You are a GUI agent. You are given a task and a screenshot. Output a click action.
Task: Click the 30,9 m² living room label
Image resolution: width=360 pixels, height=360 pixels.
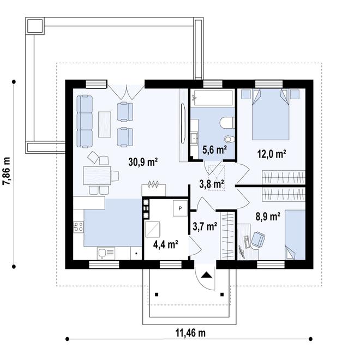click(143, 162)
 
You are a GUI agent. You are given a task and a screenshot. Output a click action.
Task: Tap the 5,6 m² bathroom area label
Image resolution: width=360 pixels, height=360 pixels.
click(215, 150)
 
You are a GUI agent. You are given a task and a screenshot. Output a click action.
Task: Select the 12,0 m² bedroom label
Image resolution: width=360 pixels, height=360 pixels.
click(272, 154)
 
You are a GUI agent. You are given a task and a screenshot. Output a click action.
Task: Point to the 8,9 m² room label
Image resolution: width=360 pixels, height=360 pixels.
click(268, 217)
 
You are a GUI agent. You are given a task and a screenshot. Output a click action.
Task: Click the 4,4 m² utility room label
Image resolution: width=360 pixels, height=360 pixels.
click(166, 244)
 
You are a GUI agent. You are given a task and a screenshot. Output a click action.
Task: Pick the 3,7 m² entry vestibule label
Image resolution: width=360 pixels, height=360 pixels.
click(205, 226)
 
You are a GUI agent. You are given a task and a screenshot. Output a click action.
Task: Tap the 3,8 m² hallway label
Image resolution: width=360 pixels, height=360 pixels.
click(212, 184)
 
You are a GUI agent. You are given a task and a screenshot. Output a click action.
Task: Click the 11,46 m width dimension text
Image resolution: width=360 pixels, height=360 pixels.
click(190, 333)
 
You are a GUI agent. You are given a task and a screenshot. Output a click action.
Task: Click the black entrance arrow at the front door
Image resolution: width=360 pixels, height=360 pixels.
click(207, 275)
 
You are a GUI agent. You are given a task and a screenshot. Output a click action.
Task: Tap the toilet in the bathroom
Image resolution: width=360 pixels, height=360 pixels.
click(227, 123)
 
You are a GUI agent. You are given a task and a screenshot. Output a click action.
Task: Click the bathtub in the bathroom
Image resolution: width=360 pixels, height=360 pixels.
click(212, 97)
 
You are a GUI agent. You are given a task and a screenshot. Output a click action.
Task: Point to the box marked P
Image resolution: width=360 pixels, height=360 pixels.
click(180, 208)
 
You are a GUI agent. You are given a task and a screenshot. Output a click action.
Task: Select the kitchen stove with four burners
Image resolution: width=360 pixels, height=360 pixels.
click(79, 226)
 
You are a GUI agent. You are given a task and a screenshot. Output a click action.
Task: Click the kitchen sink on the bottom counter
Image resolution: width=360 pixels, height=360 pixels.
click(106, 253)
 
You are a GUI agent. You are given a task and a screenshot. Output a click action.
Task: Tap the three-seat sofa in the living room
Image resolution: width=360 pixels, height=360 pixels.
click(85, 121)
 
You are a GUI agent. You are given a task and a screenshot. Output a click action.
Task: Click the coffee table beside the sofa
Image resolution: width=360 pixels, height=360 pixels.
click(105, 124)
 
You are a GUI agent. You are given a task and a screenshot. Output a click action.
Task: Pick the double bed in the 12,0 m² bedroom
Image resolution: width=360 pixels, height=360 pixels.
click(271, 114)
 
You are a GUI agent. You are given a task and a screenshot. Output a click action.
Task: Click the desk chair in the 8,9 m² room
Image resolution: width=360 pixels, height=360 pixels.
click(259, 239)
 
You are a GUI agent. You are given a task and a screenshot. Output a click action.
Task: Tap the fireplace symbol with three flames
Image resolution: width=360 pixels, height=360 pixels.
click(154, 184)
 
